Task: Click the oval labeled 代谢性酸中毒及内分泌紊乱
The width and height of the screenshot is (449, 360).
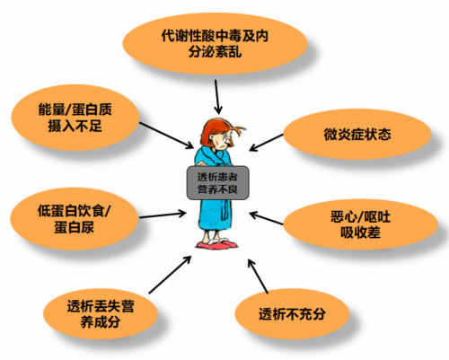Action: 216,44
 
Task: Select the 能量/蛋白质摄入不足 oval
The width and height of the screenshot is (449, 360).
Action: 75,117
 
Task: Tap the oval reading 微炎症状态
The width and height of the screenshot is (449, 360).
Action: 357,135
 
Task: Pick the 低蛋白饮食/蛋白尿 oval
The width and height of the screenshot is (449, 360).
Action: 75,219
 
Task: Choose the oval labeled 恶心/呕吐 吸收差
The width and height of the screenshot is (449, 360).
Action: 360,224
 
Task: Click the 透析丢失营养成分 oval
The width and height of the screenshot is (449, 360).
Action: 101,313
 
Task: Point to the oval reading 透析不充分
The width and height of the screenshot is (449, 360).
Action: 292,314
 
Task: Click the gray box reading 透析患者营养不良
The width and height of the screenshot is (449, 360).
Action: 217,183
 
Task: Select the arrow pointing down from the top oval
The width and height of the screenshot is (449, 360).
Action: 218,97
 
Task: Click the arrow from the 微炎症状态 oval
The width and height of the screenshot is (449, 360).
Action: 266,143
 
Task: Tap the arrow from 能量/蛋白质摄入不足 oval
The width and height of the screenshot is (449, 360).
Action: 166,136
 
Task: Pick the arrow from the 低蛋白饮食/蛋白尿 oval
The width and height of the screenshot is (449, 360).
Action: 163,215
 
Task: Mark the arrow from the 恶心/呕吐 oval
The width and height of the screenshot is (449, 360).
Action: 266,218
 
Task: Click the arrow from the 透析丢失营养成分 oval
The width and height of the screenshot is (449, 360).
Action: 170,275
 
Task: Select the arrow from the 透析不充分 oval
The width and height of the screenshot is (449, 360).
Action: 258,276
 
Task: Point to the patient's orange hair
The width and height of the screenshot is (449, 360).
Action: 218,129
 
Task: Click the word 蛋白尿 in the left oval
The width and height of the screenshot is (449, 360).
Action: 74,227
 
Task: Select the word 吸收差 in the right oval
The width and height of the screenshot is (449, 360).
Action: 360,233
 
